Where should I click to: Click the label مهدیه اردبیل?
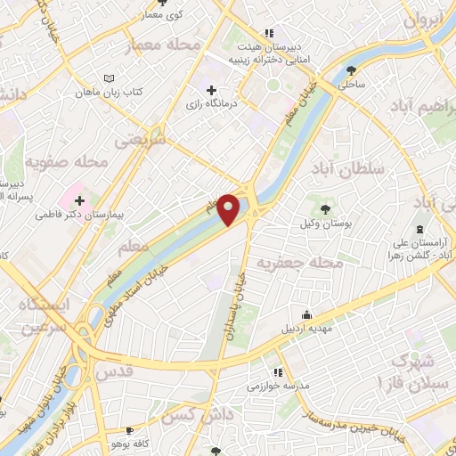pos(306,327)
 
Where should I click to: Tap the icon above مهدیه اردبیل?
pos(306,313)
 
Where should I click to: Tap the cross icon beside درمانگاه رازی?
pos(211,90)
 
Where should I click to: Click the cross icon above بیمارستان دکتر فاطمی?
pos(79,201)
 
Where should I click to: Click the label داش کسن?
pos(189,415)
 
